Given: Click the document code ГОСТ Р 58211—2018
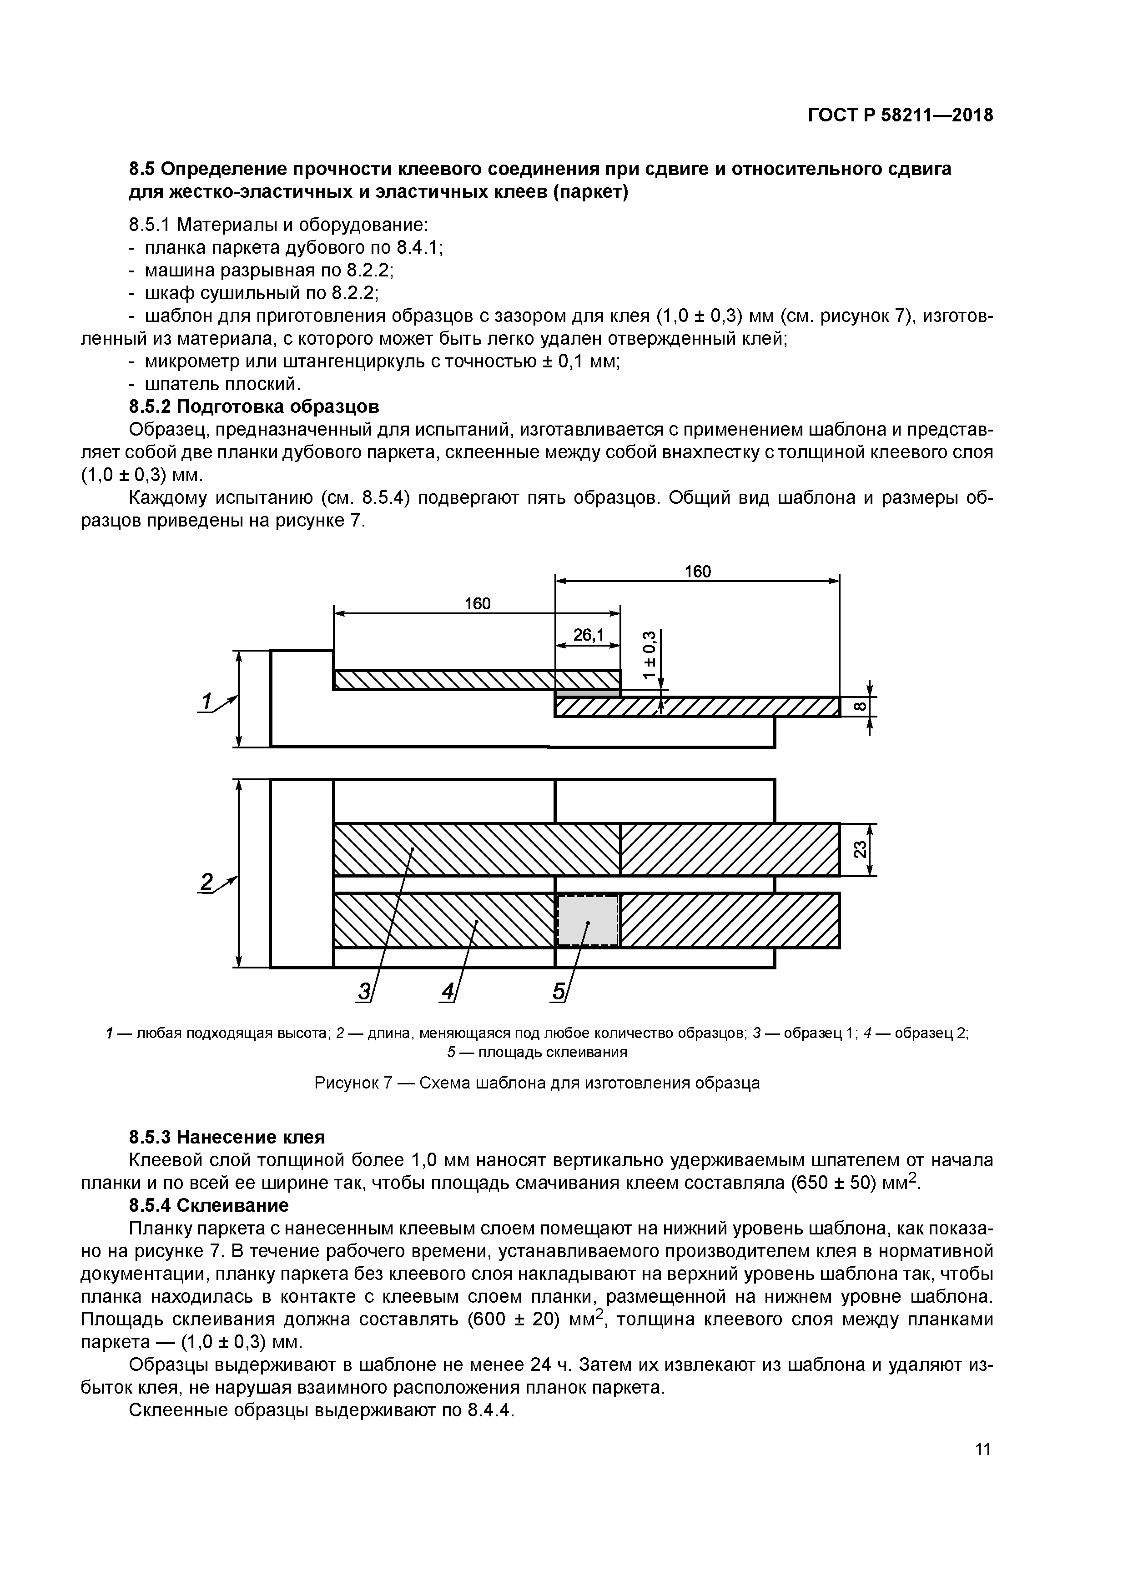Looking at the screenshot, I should point(900,115).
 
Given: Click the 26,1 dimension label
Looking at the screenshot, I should point(588,635).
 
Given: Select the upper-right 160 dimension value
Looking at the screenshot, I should point(697,571).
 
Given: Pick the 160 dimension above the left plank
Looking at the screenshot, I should point(478,604).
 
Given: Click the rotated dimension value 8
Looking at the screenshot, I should point(859,707).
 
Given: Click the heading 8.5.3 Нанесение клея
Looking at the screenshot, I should point(227,1137).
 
